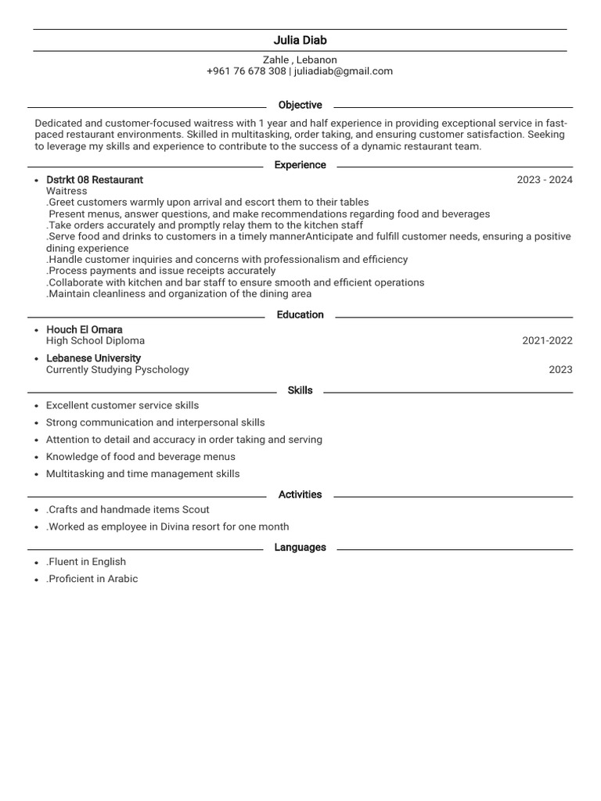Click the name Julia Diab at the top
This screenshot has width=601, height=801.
coord(300,41)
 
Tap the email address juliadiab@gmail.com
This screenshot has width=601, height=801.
coord(344,71)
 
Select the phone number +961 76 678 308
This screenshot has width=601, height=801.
coord(247,71)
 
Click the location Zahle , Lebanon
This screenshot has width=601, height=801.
coord(300,59)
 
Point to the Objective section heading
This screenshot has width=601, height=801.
coord(300,105)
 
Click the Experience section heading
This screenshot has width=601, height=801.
coord(300,165)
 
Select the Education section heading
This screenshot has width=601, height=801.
coord(300,314)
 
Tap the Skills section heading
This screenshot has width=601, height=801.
coord(300,390)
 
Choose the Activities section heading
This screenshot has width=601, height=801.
coord(300,494)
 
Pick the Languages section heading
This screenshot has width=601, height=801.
coord(300,548)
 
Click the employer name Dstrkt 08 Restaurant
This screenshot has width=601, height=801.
coord(95,180)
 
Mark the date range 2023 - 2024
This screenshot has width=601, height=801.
coord(545,180)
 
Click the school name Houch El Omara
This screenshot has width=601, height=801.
coord(85,330)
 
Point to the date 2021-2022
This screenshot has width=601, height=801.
coord(547,341)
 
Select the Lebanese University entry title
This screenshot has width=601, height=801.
coord(94,358)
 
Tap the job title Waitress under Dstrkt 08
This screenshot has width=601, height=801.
coord(67,191)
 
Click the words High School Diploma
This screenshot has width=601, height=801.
coord(95,341)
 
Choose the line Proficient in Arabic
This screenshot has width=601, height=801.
coord(92,579)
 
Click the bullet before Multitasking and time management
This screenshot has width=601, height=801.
coord(37,475)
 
